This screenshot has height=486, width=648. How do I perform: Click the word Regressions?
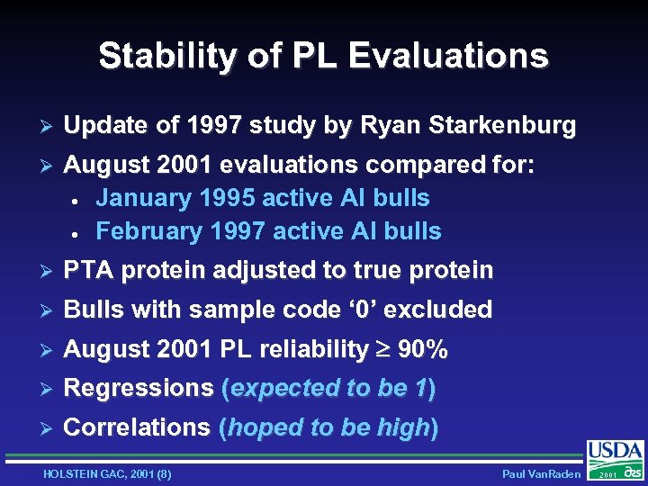pyautogui.click(x=139, y=389)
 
